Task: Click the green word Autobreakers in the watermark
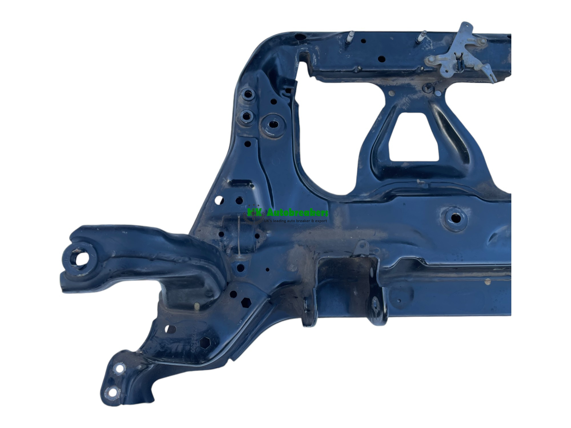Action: pos(297,213)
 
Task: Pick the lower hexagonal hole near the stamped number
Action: pos(205,342)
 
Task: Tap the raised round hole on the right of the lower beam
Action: pos(456,219)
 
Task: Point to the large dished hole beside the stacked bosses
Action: pos(273,125)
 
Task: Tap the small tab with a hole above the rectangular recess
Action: pos(363,246)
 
